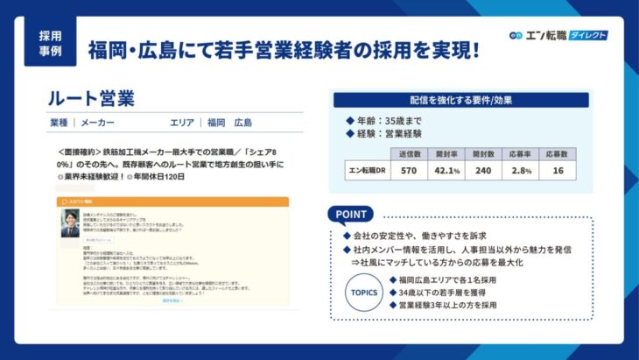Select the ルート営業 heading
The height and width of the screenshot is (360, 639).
click(x=91, y=96)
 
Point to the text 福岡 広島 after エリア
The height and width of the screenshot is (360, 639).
click(x=229, y=123)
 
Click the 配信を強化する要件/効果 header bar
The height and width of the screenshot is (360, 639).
click(x=461, y=100)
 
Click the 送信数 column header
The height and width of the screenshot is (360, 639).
click(x=408, y=153)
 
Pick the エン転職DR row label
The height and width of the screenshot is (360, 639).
click(x=368, y=171)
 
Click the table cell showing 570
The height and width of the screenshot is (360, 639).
click(x=408, y=171)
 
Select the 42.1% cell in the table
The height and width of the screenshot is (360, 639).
click(x=447, y=171)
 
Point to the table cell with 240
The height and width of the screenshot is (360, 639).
click(x=482, y=171)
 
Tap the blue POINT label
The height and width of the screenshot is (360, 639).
click(x=353, y=214)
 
